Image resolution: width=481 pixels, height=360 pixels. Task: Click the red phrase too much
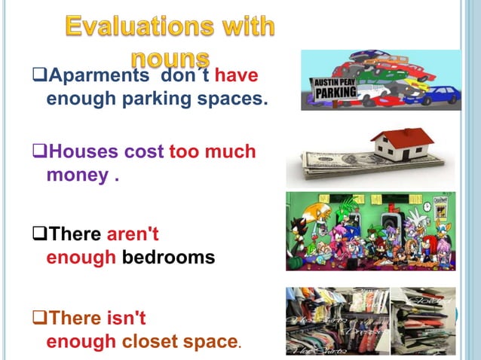coord(213,152)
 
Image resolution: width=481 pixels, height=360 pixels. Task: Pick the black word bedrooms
coord(168,258)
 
